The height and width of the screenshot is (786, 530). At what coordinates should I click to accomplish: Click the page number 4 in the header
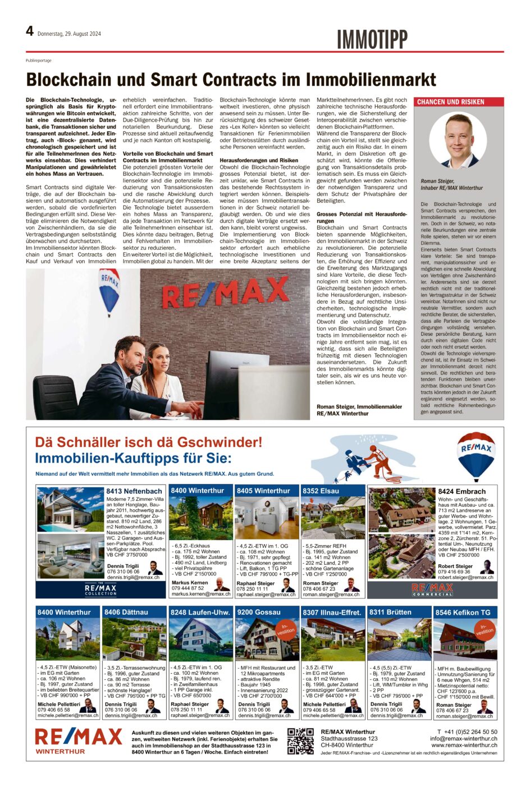[30, 31]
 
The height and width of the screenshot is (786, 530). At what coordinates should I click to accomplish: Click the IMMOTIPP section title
[372, 40]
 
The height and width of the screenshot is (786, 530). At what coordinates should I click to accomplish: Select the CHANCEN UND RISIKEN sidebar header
[450, 102]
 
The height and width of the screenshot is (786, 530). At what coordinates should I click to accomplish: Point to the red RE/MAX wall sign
[225, 292]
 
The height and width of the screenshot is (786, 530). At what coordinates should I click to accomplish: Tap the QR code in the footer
[301, 741]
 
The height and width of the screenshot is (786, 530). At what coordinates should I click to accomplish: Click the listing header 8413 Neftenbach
[134, 491]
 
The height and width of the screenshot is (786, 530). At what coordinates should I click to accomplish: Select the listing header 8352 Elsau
[321, 491]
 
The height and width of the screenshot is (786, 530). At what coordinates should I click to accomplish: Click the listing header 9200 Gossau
[259, 612]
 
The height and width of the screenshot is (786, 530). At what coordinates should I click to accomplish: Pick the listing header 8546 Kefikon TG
[463, 613]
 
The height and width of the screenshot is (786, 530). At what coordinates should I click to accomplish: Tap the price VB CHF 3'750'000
[127, 555]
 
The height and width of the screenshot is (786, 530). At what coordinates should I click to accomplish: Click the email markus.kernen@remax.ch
[201, 593]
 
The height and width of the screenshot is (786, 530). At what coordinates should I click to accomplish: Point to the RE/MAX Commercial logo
[432, 589]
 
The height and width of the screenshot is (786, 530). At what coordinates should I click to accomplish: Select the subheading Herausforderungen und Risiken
[258, 161]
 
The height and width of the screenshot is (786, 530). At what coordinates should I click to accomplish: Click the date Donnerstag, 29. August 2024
[69, 34]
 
